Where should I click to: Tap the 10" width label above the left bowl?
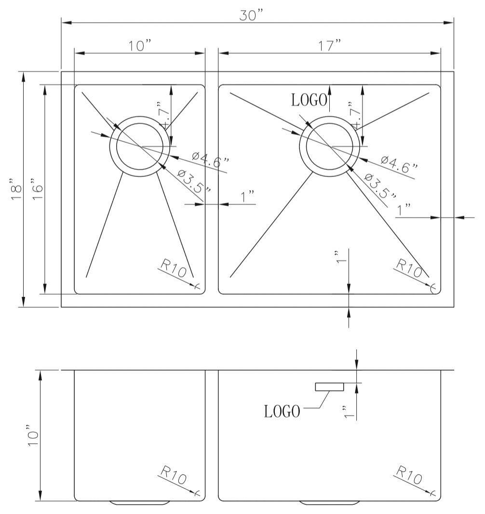tap(140, 46)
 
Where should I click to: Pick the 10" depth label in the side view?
tap(33, 436)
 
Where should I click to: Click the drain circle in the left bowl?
tap(140, 146)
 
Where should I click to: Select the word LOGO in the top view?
tap(310, 100)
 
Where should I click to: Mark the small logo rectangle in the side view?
tap(330, 386)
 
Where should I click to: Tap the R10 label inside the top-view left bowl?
tap(174, 269)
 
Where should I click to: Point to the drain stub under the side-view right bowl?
tap(330, 503)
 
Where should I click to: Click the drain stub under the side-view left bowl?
tap(140, 503)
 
